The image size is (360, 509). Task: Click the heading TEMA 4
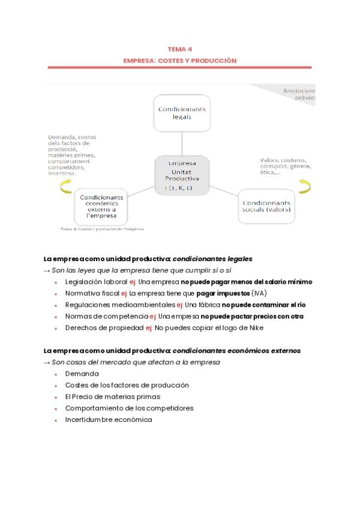180,50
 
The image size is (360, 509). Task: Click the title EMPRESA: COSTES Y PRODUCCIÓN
180,61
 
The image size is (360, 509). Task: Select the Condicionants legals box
182,113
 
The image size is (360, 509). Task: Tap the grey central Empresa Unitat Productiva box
182,175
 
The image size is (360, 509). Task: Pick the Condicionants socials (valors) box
266,206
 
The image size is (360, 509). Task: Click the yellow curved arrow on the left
66,187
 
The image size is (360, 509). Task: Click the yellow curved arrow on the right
304,186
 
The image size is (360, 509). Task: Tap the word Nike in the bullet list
256,328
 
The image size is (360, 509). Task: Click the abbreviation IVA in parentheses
259,293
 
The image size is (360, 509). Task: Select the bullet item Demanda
82,374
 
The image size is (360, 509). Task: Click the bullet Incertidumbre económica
109,420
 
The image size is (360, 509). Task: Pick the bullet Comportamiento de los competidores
129,408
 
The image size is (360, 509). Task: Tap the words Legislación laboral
96,282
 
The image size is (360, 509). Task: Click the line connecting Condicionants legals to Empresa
182,144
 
